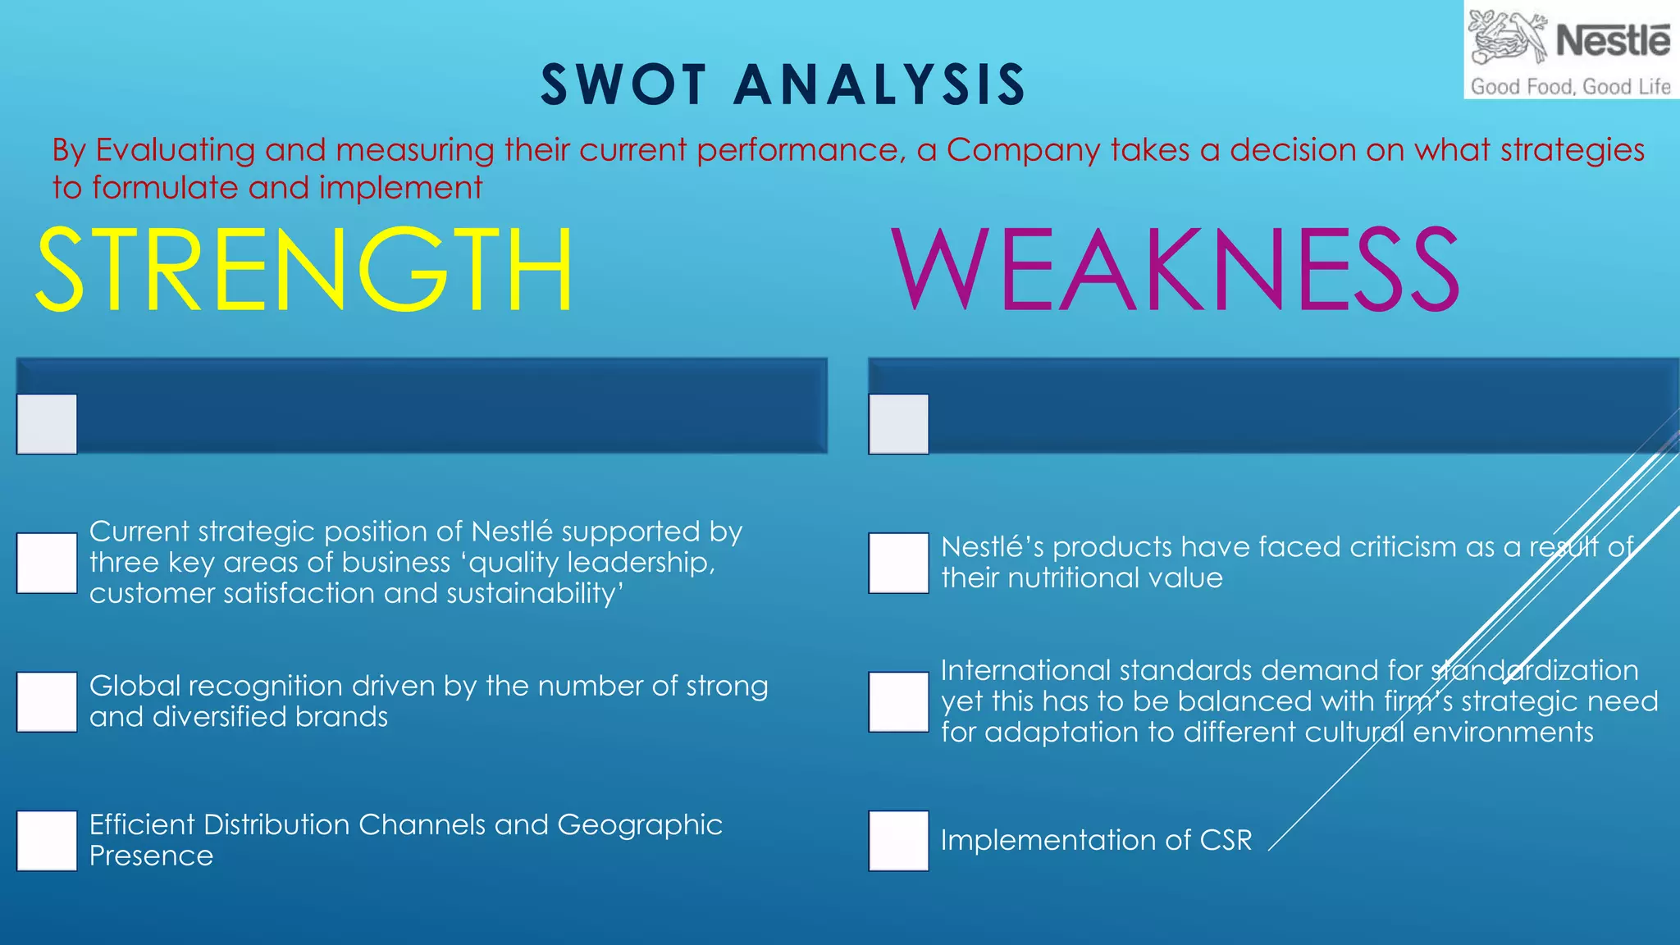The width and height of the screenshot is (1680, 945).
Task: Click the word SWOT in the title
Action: point(623,84)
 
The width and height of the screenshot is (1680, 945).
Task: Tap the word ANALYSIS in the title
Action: point(879,84)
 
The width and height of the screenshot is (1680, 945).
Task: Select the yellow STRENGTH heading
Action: point(304,270)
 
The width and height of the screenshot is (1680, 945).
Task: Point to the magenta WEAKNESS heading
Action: point(1176,270)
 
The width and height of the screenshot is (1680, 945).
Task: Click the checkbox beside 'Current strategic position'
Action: point(47,563)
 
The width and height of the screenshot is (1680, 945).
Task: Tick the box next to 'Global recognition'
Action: point(47,702)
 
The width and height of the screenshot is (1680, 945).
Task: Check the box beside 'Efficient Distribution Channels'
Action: point(47,841)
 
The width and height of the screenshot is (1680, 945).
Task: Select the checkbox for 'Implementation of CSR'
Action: point(899,841)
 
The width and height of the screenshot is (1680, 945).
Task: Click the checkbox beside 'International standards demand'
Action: point(899,702)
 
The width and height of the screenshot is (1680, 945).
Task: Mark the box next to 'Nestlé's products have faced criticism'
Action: point(899,563)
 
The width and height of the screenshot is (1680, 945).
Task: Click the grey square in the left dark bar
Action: point(47,424)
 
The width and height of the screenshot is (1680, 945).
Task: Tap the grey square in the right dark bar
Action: point(899,424)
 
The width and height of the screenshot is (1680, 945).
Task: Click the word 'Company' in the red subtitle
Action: point(1023,150)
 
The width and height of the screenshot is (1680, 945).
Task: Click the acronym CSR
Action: point(1226,840)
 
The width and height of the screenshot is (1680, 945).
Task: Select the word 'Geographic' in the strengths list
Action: point(640,824)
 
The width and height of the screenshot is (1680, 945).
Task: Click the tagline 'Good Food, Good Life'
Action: point(1570,86)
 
